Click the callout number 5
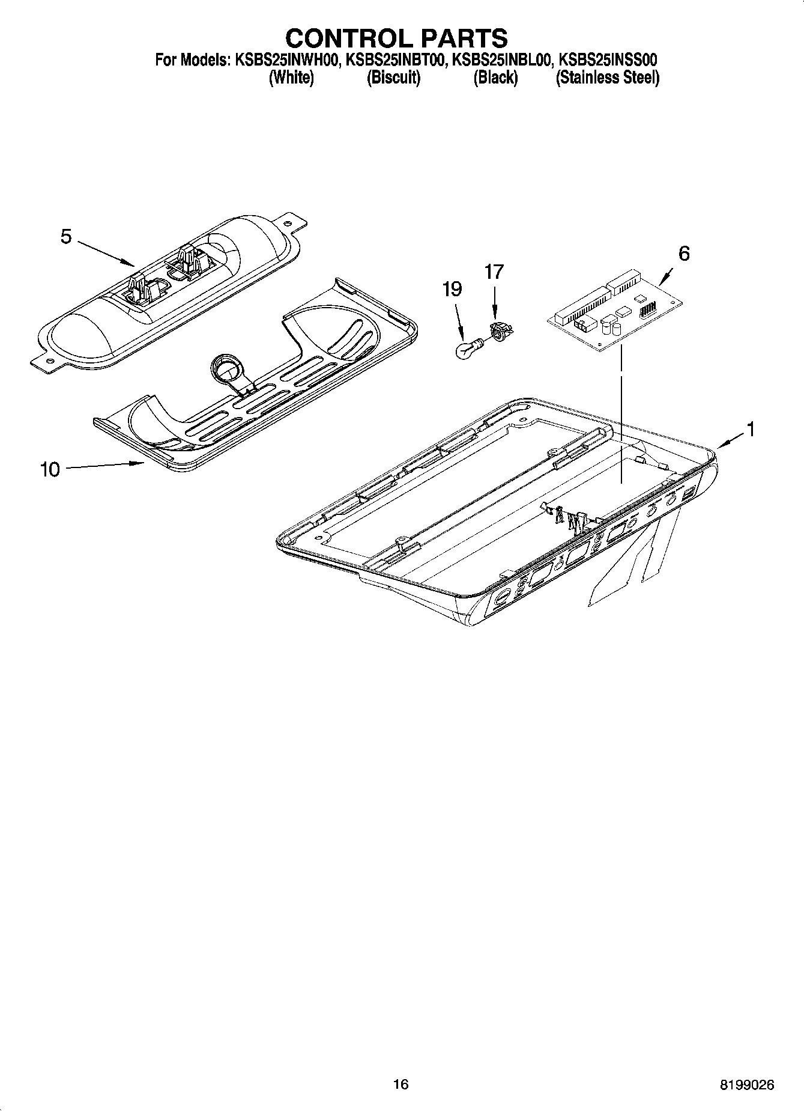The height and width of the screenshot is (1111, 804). coord(66,237)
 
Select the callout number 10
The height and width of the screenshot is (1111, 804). coord(50,469)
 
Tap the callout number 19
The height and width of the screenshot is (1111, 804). coord(452,290)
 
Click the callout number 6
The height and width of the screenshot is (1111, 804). coord(683,254)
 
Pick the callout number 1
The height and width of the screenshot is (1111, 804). coord(749,429)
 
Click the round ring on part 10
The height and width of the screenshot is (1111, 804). coord(225,365)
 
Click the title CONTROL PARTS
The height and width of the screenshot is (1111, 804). coord(396,38)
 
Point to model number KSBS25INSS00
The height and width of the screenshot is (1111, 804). coord(608,60)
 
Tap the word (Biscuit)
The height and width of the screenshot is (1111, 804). coord(393,78)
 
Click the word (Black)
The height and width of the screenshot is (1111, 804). coord(495,78)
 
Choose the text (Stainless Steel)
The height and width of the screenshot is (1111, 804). coord(607,78)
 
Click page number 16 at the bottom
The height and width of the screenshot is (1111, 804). coord(400,1084)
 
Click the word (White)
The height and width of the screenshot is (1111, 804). coord(291,78)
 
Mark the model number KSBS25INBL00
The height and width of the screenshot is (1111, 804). coord(501,60)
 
